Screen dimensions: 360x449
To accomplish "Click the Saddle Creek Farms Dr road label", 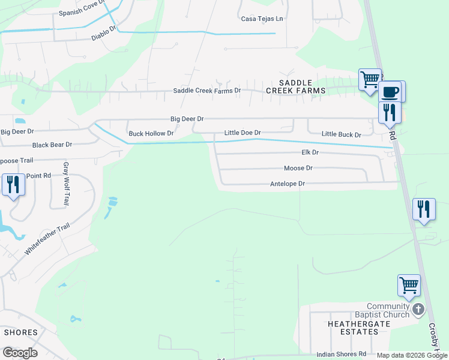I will pos(206,91).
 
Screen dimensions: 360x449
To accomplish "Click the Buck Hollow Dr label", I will pos(151,133).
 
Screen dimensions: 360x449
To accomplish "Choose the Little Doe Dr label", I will pos(243,133).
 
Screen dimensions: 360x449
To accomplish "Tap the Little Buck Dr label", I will pos(341,134).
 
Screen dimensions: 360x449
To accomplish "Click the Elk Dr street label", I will pos(309,153).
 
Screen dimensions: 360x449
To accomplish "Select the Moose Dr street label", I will pos(298,169).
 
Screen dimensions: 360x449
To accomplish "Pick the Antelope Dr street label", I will pos(288,184).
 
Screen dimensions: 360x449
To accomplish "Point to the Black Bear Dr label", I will pos(52,145).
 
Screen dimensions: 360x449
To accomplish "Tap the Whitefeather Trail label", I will pos(47,239).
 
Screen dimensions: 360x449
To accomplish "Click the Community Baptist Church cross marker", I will pos(418,310).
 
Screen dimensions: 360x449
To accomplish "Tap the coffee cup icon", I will pos(390,92).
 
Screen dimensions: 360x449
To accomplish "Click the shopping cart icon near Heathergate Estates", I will pos(409,284).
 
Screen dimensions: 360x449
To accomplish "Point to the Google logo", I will pos(20,353).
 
